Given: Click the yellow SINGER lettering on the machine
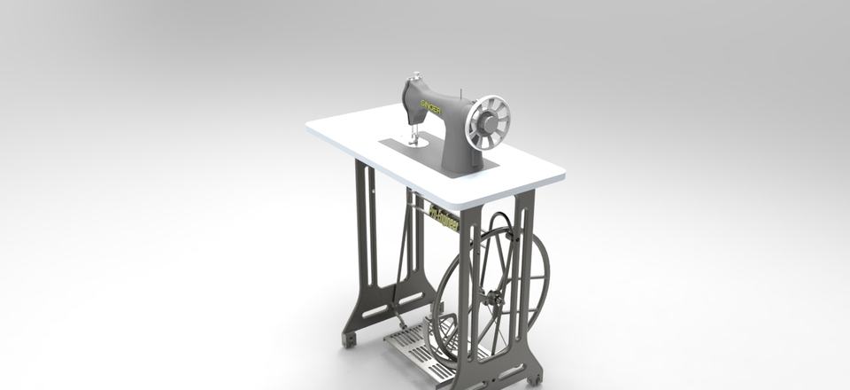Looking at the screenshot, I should point(429,107).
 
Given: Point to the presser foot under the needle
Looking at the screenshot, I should point(413,141).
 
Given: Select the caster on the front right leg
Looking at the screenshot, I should point(534,378).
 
